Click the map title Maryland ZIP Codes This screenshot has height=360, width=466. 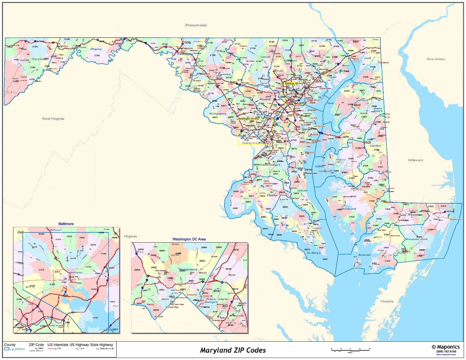233,350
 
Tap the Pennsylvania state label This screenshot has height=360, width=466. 196,25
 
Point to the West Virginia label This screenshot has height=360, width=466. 53,119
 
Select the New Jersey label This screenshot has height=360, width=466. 436,59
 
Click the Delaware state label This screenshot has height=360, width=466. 415,160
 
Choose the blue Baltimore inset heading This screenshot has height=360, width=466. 66,224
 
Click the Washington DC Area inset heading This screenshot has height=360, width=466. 189,239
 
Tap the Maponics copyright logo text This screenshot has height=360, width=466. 446,347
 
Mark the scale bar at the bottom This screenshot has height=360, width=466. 350,350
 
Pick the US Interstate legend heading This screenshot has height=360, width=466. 58,345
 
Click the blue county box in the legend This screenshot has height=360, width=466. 7,349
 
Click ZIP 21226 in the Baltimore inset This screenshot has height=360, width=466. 95,318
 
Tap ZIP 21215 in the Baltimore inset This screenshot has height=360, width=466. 35,247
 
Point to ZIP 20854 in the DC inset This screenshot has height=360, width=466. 137,270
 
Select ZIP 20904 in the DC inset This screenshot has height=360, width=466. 202,261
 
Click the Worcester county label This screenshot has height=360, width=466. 412,239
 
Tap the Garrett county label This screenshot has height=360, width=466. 24,60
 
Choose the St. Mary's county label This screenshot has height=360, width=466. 314,253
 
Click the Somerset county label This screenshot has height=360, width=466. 364,255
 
